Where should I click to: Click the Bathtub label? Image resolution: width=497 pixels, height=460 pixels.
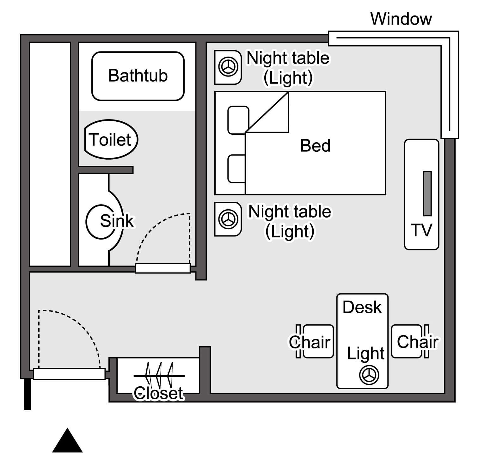click(138, 76)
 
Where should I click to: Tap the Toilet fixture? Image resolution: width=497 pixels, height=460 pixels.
click(111, 139)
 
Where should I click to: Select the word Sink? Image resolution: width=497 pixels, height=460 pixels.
click(117, 220)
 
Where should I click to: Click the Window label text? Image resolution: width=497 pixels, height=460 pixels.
click(401, 19)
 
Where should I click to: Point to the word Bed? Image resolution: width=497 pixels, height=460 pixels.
click(315, 146)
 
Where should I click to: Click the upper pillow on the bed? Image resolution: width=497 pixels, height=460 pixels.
click(238, 120)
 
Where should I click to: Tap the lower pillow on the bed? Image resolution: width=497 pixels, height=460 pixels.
click(236, 169)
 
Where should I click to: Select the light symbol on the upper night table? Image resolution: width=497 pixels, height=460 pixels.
click(228, 67)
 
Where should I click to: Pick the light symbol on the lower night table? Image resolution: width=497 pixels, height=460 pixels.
click(228, 219)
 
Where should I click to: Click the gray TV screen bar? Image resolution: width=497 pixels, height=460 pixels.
click(427, 193)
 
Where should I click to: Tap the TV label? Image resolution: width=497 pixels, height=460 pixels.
click(421, 230)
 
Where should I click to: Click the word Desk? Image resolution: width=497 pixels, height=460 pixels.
click(362, 307)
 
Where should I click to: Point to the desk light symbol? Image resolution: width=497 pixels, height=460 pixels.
click(369, 375)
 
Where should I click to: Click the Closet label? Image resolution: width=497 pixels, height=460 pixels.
click(158, 393)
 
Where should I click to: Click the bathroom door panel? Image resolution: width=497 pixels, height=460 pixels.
click(163, 268)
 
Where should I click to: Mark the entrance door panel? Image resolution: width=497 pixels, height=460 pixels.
click(69, 374)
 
